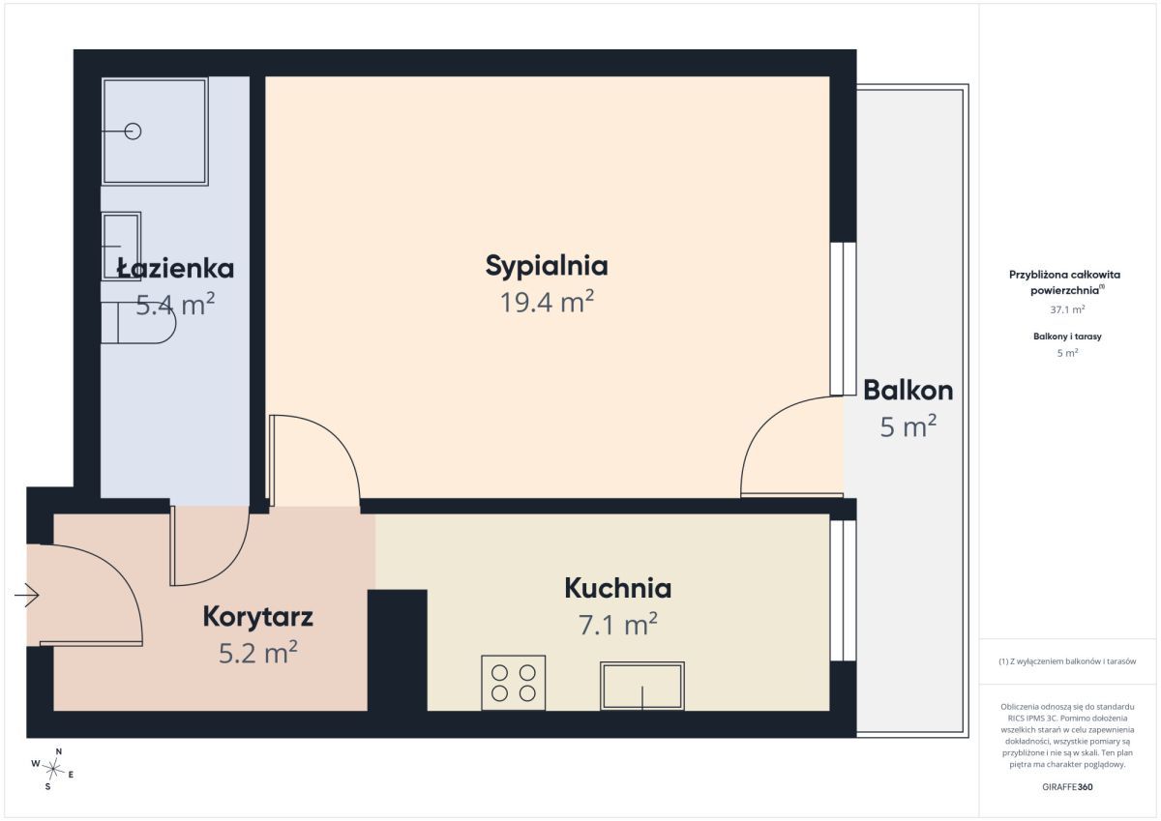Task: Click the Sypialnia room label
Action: (547, 266)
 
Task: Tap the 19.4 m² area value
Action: (547, 302)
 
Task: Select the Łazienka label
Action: (175, 268)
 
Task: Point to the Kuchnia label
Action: (618, 588)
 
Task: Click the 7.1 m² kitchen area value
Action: (618, 624)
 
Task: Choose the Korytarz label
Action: (257, 616)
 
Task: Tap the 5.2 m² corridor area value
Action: (257, 653)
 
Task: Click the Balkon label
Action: (908, 390)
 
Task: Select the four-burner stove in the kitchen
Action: (513, 683)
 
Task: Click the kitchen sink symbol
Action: (642, 686)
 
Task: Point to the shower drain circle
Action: (134, 132)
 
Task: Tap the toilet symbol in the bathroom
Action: (138, 322)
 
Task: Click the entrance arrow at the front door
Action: (27, 595)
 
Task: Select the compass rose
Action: (53, 769)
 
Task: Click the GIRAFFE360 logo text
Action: (1067, 787)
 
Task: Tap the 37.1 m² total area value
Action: (1067, 309)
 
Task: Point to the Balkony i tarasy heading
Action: (1067, 337)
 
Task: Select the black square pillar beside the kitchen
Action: (397, 650)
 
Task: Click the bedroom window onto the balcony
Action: (843, 319)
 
